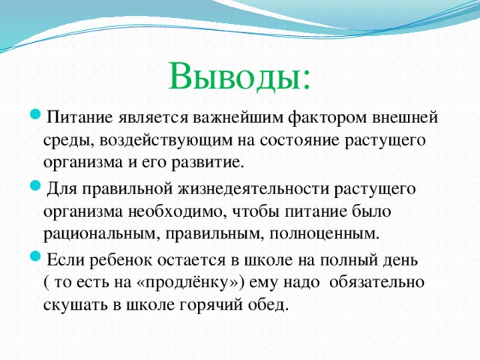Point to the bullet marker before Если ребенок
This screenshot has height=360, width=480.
[38, 259]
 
